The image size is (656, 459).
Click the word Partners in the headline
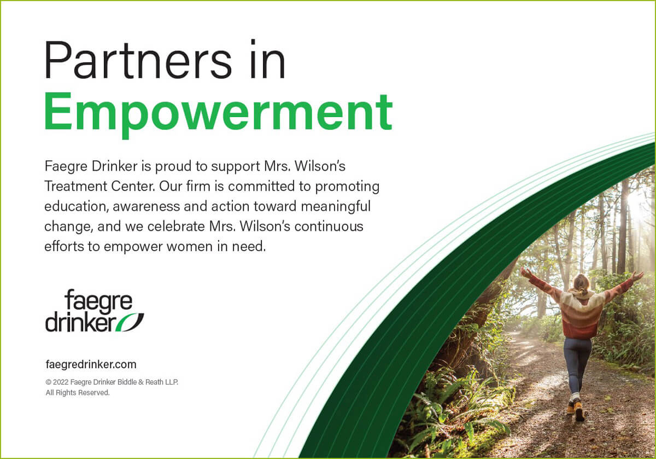[138, 60]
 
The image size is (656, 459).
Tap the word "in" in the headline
[268, 59]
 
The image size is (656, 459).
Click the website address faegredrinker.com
[91, 364]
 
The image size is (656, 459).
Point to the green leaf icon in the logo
[130, 322]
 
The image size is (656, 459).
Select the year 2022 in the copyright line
[61, 382]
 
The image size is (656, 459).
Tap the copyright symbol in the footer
[48, 382]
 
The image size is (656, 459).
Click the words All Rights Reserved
[78, 393]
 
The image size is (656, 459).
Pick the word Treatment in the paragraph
[75, 186]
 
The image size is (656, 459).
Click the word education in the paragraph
[77, 206]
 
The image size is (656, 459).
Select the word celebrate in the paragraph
[176, 226]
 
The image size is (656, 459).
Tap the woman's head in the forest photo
[581, 283]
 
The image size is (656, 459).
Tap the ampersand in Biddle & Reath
[140, 382]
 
